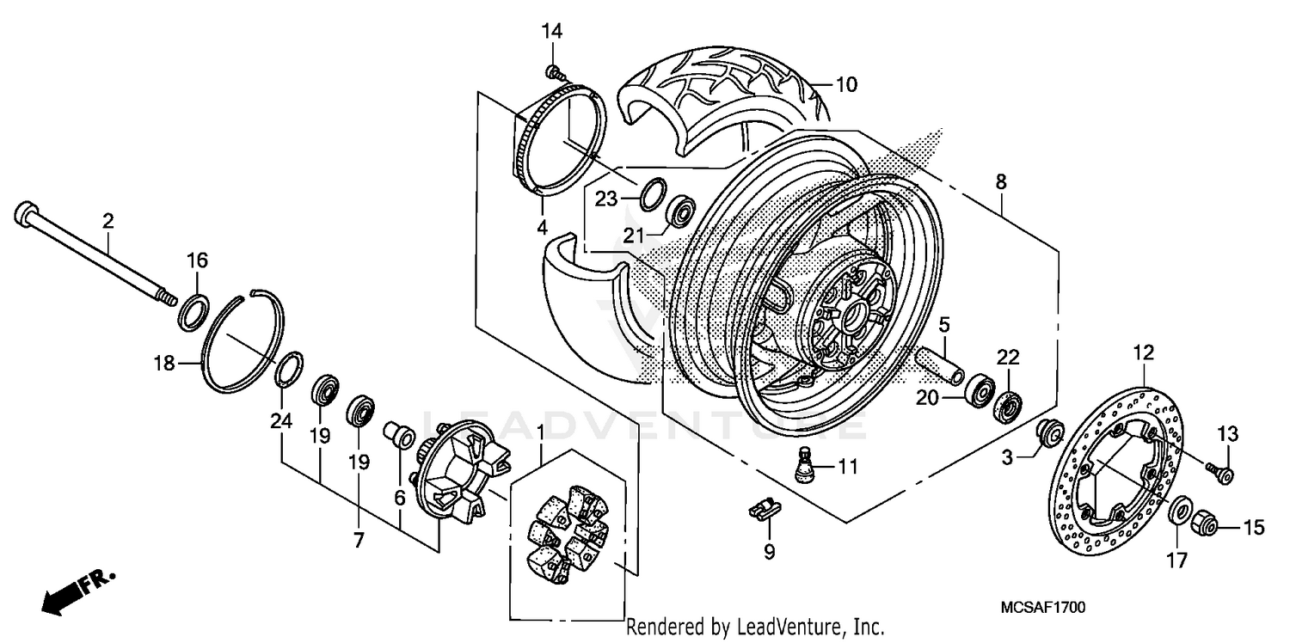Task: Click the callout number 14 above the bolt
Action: point(551,32)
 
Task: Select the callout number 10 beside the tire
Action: point(846,84)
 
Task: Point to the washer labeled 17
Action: point(1179,510)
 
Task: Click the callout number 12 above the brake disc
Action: point(1143,352)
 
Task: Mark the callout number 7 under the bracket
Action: point(359,541)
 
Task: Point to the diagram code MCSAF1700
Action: point(1042,608)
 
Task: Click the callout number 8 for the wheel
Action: point(1001,181)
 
